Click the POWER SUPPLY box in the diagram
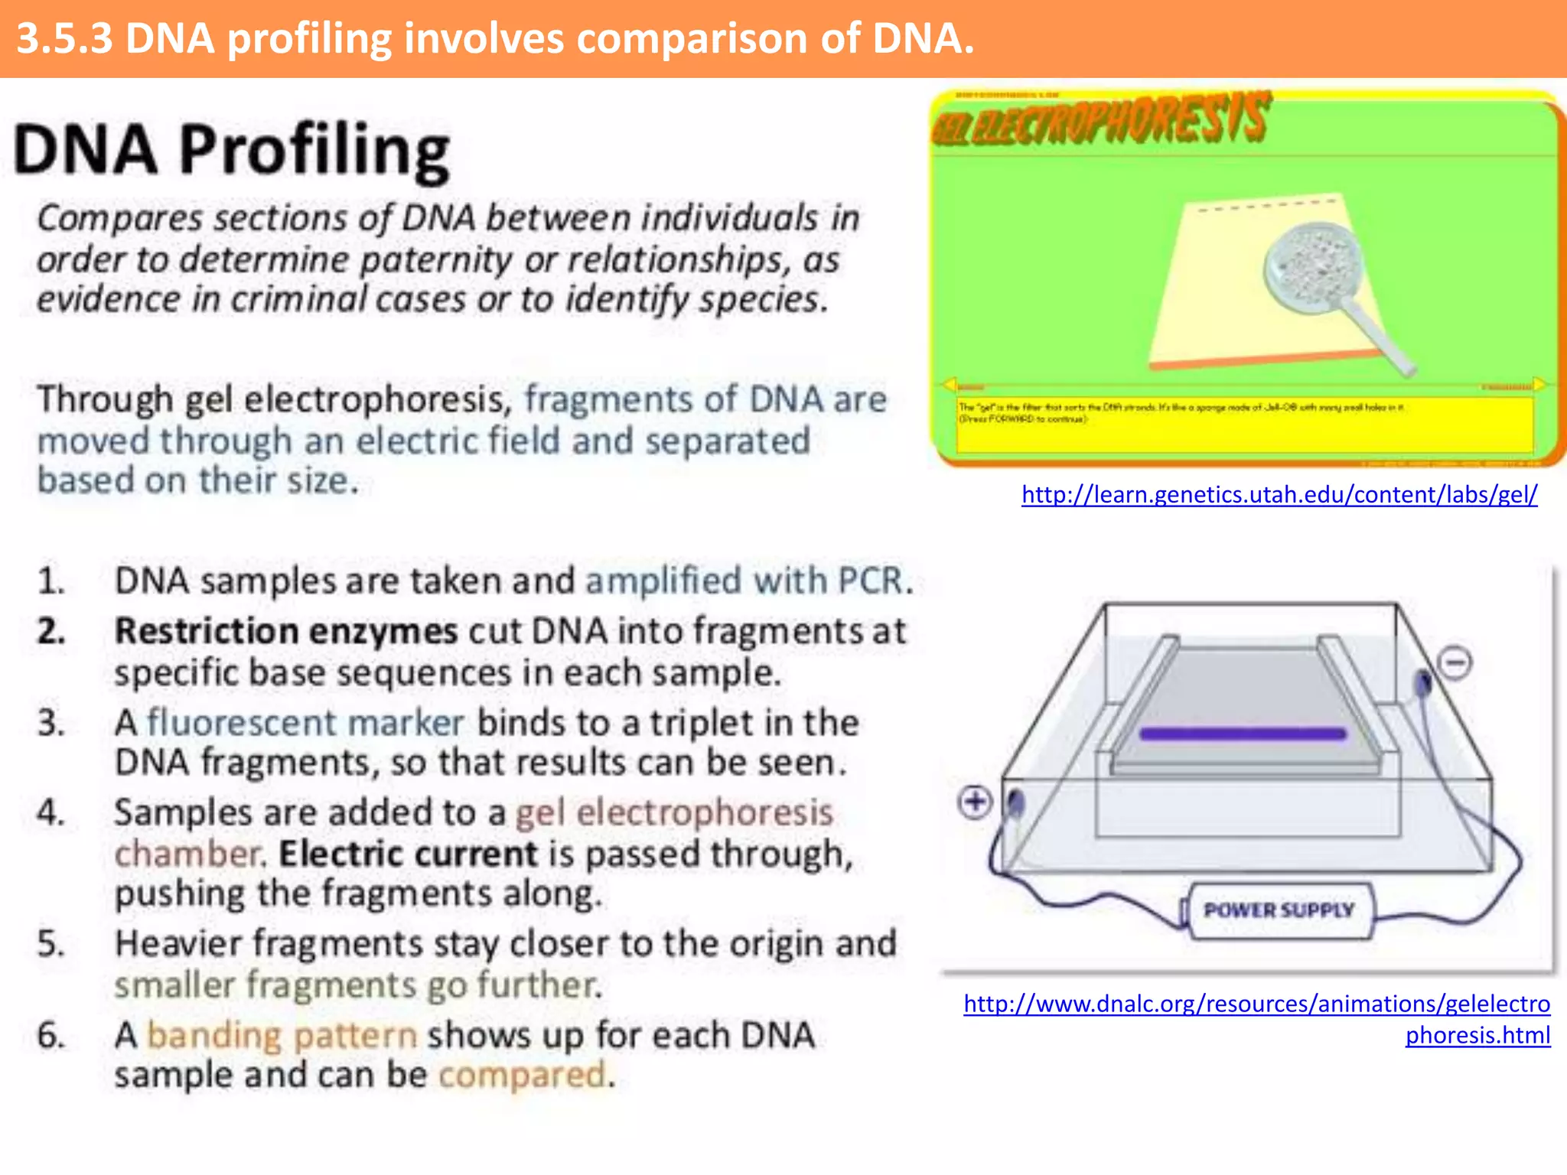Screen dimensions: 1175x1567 1279,910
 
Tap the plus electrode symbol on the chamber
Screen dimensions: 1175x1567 975,802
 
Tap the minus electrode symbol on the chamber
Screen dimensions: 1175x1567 1455,662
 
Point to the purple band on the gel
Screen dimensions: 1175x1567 1243,734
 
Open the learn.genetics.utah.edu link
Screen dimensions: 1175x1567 1279,495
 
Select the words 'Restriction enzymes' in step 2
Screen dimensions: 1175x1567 285,632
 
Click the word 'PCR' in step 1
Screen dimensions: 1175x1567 870,581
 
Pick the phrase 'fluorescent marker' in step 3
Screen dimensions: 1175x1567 305,723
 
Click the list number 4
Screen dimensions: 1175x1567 50,812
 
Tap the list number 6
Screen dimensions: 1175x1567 50,1036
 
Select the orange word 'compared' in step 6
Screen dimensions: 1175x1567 523,1075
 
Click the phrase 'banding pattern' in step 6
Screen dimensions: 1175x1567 282,1036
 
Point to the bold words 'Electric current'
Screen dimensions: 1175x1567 408,854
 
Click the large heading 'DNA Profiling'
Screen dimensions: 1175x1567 231,149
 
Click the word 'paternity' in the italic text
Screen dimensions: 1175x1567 435,259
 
